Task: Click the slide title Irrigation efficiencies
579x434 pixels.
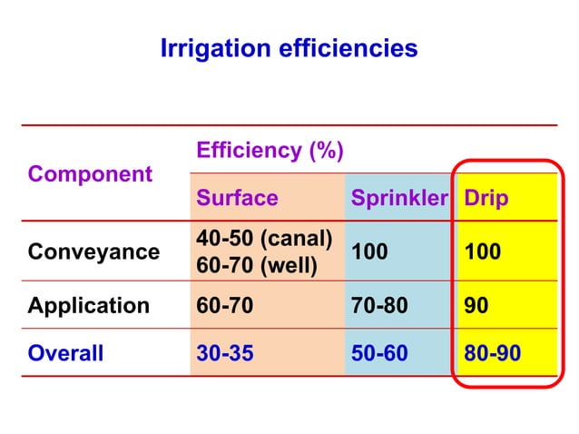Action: pos(289,48)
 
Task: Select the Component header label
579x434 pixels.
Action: pos(90,173)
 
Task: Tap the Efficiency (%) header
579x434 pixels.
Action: pos(270,150)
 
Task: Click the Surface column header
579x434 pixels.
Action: pos(237,198)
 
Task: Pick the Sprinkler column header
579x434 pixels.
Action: pos(399,198)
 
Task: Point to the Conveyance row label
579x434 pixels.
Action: pos(93,252)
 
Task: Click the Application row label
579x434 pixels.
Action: pos(89,305)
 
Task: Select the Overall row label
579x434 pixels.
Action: pos(65,352)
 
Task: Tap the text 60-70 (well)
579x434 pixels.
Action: pos(257,265)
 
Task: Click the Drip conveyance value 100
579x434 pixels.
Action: pos(482,252)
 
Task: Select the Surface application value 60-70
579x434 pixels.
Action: pos(225,305)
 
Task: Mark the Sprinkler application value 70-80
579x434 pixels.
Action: pos(379,305)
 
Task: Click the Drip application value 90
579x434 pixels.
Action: pos(476,305)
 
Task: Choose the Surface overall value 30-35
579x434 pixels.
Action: pos(225,352)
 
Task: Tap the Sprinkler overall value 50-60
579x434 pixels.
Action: pos(379,352)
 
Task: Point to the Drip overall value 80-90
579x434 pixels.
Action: pos(492,352)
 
